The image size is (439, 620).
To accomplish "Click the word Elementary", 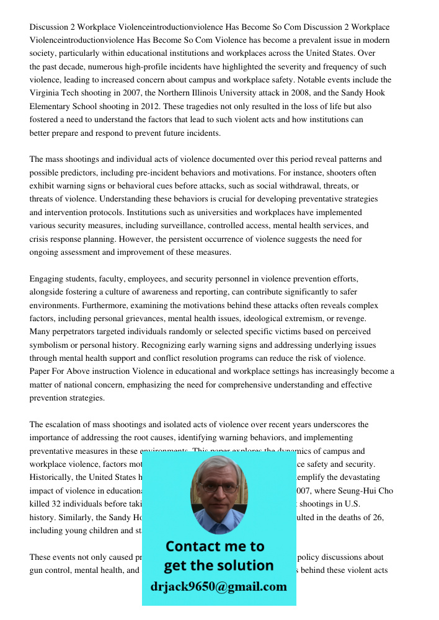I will coord(51,106).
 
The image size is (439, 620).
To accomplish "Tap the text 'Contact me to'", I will coord(215,546).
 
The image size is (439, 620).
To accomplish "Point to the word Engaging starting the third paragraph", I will coord(47,279).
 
